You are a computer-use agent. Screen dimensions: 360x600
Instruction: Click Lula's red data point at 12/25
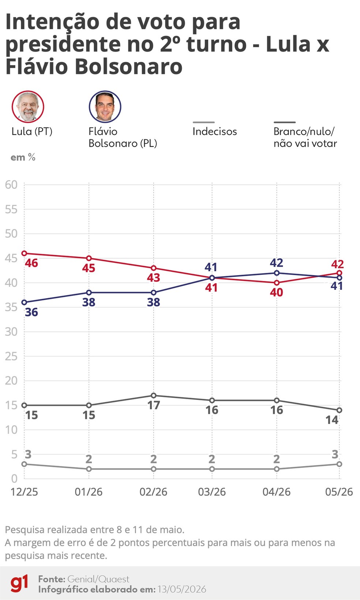pos(24,253)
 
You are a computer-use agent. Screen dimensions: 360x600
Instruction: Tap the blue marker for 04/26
pos(277,273)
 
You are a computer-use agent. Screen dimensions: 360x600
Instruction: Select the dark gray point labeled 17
pos(154,395)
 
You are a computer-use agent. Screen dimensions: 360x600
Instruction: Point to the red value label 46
pos(31,263)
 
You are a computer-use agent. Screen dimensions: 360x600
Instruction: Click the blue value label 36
pos(31,312)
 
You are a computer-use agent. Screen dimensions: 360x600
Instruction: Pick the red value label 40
pos(277,292)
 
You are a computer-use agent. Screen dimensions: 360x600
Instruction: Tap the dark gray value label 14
pos(332,420)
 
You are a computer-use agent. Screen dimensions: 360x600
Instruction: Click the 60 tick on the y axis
pos(11,184)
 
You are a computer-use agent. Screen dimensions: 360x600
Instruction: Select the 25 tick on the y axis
pos(11,356)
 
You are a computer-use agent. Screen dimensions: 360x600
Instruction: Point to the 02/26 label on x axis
pos(153,492)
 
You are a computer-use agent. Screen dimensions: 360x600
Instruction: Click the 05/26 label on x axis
pos(339,492)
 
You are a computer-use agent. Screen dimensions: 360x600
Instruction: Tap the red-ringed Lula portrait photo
pos(28,106)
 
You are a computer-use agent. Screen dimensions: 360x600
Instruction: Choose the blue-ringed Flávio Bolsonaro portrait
pos(105,106)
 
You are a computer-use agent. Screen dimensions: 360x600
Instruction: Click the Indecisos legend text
pos(215,131)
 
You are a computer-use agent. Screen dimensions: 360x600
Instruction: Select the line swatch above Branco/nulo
pos(285,122)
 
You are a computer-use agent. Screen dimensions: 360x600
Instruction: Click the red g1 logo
pos(19,584)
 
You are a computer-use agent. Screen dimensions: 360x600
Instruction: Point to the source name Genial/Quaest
pos(98,579)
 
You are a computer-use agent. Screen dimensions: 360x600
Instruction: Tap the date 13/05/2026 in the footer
pos(182,589)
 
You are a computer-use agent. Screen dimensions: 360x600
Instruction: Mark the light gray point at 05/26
pos(339,464)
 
